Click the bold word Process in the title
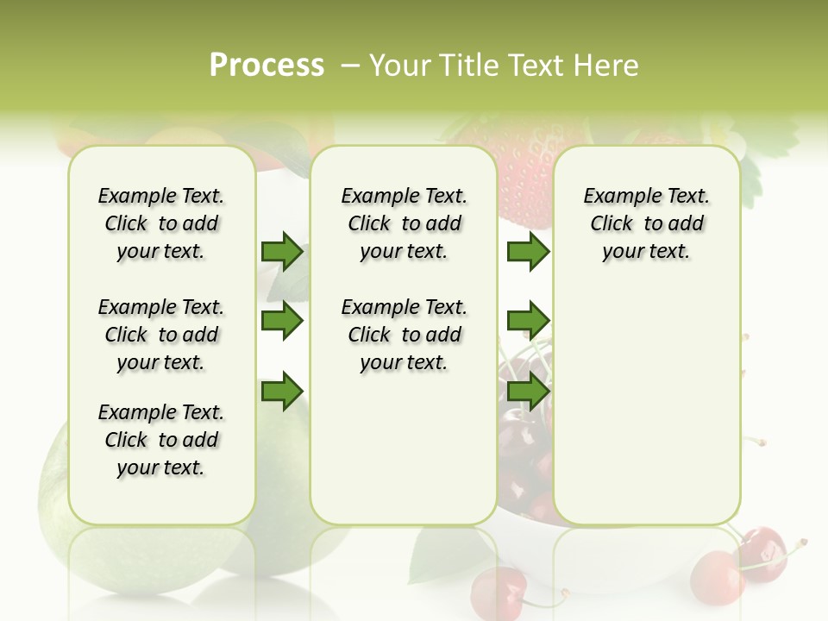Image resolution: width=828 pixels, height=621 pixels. pyautogui.click(x=267, y=66)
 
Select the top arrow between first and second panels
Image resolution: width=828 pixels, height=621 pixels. pyautogui.click(x=282, y=252)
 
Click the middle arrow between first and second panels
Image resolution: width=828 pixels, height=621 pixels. pyautogui.click(x=282, y=321)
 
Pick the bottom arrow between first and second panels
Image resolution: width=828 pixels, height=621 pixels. pyautogui.click(x=282, y=391)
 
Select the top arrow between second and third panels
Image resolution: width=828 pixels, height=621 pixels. pyautogui.click(x=528, y=252)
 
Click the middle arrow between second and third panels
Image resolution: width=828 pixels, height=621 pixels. pyautogui.click(x=528, y=321)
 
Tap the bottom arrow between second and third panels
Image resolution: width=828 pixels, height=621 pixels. pyautogui.click(x=528, y=391)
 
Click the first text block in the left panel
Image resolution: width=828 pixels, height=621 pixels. pyautogui.click(x=161, y=223)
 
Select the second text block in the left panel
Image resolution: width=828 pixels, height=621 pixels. pyautogui.click(x=161, y=335)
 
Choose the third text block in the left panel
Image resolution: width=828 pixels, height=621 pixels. pyautogui.click(x=161, y=440)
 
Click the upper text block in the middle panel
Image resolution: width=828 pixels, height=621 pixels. pyautogui.click(x=404, y=223)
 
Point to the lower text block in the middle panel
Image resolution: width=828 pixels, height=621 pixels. pyautogui.click(x=404, y=335)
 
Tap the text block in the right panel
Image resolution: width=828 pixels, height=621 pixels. pyautogui.click(x=646, y=223)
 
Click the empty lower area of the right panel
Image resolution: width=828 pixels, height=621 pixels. pyautogui.click(x=646, y=414)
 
